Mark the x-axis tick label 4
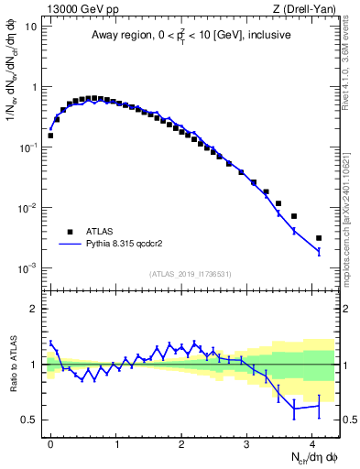click(312, 443)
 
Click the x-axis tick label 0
click(50, 443)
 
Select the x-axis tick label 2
click(181, 443)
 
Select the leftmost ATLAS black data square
click(50, 136)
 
